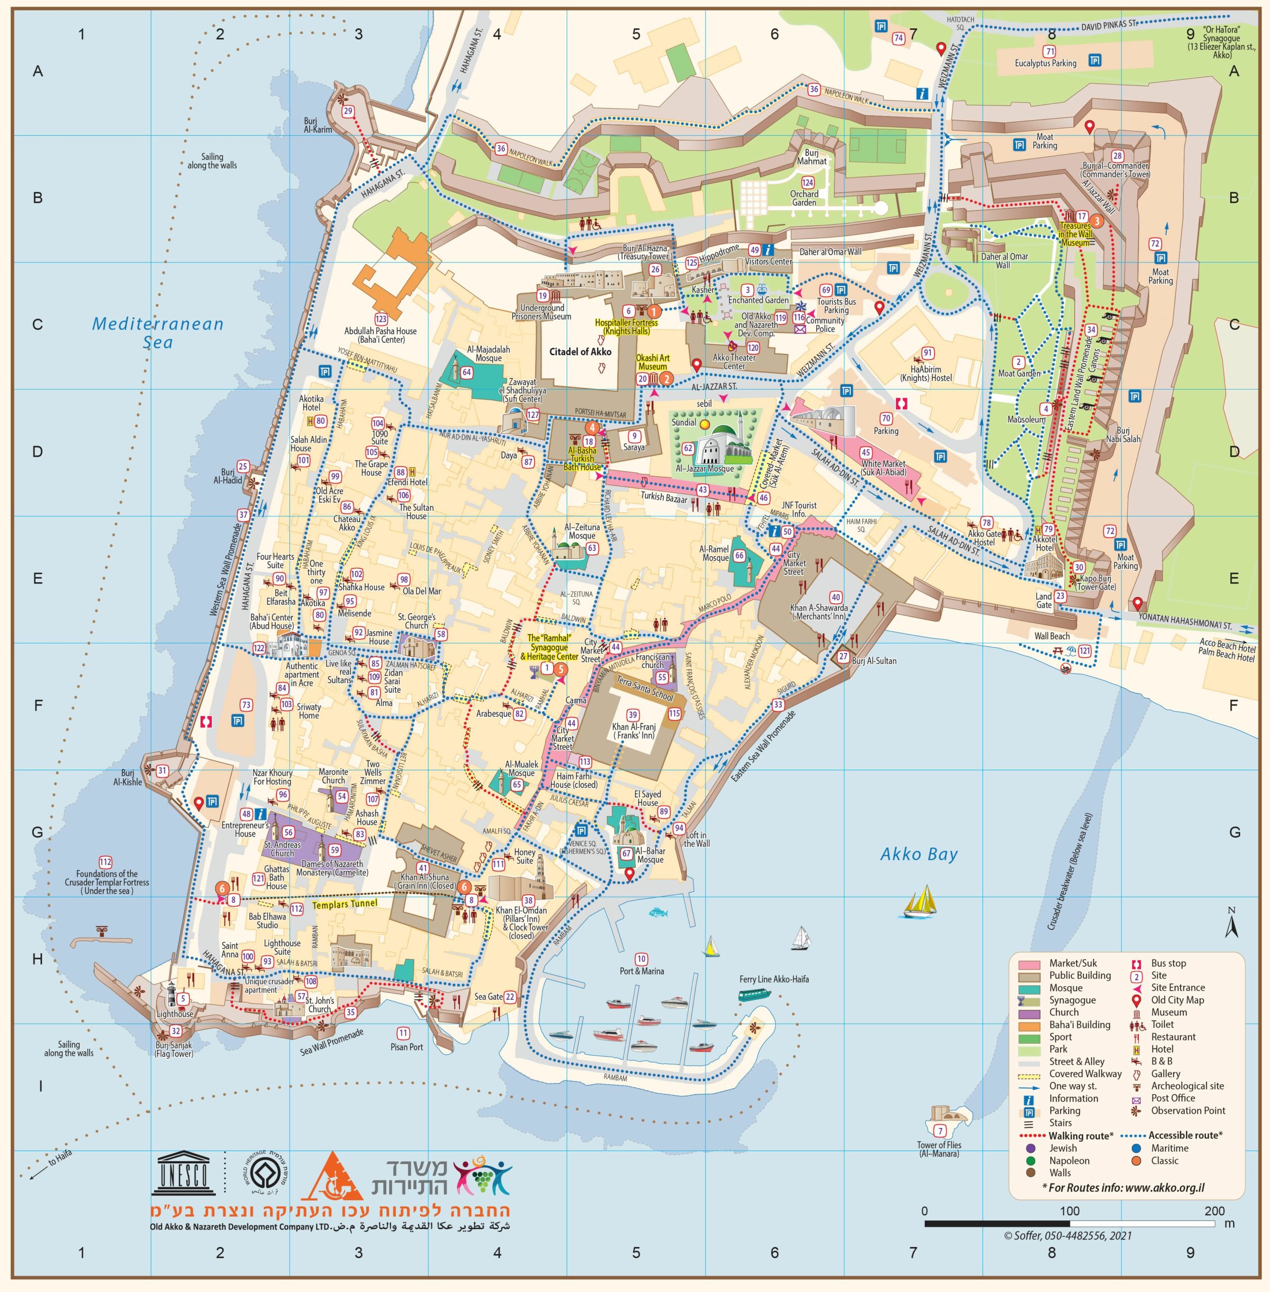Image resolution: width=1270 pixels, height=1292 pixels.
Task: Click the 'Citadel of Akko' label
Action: (579, 351)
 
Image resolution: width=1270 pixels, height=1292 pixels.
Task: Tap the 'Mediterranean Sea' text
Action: (158, 333)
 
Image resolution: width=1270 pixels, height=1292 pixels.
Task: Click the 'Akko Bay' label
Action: (919, 854)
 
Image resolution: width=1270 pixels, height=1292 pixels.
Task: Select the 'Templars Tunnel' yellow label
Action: (345, 904)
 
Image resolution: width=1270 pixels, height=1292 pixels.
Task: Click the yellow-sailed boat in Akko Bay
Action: (921, 902)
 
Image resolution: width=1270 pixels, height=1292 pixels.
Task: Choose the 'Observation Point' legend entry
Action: (1188, 1111)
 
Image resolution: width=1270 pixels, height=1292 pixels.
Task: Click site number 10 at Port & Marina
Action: (641, 959)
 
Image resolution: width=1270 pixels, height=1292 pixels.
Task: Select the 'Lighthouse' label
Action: (175, 1014)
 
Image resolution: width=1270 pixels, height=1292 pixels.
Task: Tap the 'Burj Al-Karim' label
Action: (317, 125)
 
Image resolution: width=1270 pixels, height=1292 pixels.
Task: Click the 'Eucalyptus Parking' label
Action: (1045, 64)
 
